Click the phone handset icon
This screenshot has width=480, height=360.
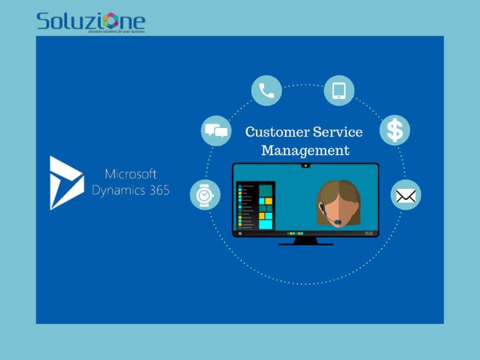pos(267,91)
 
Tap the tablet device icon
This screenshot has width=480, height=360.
pos(339,91)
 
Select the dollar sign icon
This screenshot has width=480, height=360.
pos(395,130)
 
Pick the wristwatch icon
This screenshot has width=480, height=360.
pos(205,195)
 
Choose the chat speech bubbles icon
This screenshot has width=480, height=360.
pos(216,131)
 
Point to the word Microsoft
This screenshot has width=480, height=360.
pos(131,174)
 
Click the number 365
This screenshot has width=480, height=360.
pos(157,190)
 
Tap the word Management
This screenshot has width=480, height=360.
pos(305,150)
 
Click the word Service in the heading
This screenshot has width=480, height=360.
pos(338,132)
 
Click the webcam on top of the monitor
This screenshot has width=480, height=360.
pos(305,165)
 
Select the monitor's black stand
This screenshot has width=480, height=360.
pos(305,241)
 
